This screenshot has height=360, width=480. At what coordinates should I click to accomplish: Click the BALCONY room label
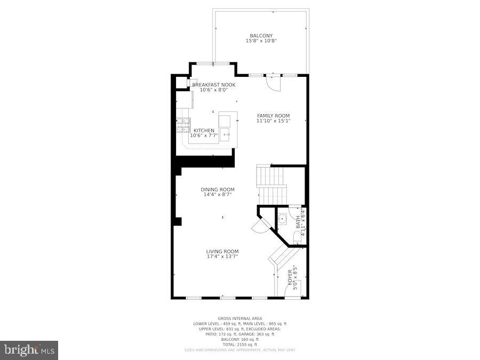tap(261, 36)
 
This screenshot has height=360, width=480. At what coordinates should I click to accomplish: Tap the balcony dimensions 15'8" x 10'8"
tap(261, 41)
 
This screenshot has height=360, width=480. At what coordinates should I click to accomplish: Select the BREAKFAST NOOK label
tap(213, 85)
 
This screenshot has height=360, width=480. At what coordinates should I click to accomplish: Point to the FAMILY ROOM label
tap(273, 116)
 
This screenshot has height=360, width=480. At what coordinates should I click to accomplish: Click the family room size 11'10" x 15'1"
tap(273, 121)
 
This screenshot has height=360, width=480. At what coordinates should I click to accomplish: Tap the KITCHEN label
tap(204, 131)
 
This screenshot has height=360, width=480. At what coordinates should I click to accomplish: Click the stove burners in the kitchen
tap(183, 125)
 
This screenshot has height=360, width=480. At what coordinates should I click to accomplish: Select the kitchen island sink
tap(227, 134)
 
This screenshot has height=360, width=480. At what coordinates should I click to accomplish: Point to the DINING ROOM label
tap(217, 189)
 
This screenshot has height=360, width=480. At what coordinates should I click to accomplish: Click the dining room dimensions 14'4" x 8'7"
tap(217, 195)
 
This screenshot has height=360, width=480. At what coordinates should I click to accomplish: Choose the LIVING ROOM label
tap(222, 251)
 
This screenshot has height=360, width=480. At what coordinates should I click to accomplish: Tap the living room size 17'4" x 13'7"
tap(222, 257)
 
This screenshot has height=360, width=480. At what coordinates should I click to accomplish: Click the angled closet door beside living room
tap(259, 226)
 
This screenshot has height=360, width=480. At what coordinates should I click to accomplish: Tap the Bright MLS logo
tap(29, 350)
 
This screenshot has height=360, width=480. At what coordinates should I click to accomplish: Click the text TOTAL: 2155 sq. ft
tap(239, 344)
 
